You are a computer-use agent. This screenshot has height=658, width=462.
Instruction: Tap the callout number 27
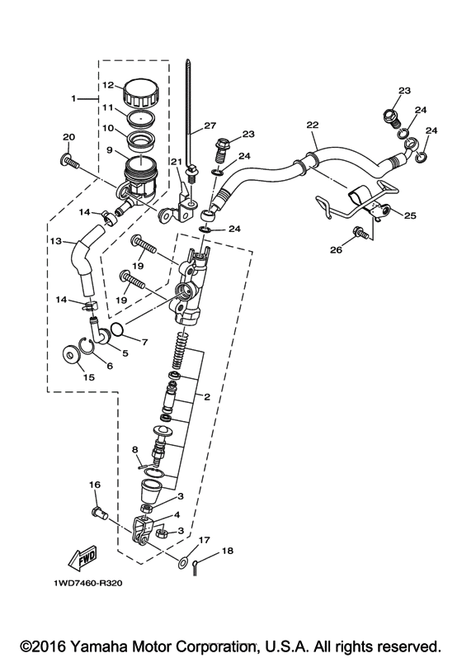[x=210, y=125]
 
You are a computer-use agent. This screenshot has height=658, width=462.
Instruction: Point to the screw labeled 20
[x=68, y=162]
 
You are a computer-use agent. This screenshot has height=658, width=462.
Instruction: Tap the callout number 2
[x=207, y=397]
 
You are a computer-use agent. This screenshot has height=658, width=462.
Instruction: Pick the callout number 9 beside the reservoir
[x=107, y=151]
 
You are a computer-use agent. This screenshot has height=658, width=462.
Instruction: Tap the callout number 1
[x=74, y=98]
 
